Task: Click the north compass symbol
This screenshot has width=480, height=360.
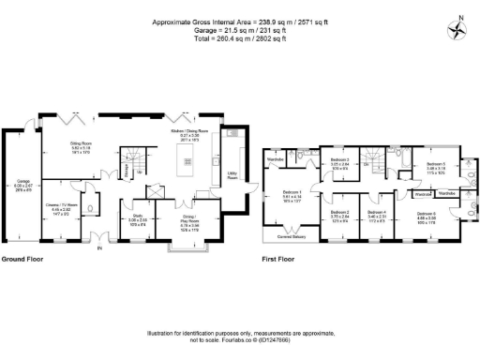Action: (457, 27)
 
